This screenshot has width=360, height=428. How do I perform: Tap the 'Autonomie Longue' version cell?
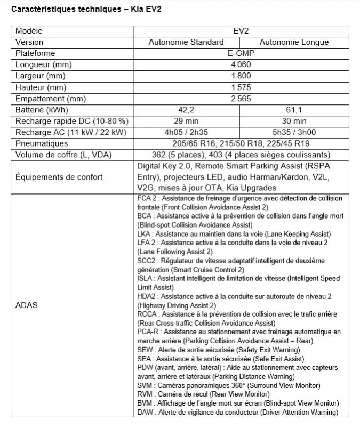293,42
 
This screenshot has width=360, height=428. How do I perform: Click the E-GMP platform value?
241,53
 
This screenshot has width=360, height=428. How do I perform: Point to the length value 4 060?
241,64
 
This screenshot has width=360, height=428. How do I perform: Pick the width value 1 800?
241,76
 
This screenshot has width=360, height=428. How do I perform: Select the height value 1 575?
241,87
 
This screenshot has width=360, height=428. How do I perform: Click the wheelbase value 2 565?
241,99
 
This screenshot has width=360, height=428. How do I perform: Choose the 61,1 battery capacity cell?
294,110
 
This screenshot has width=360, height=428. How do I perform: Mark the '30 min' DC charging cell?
294,121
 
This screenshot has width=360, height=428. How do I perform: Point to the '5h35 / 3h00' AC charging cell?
294,132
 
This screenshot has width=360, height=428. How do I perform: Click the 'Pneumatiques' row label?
42,144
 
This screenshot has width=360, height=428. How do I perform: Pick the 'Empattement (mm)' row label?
51,99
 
